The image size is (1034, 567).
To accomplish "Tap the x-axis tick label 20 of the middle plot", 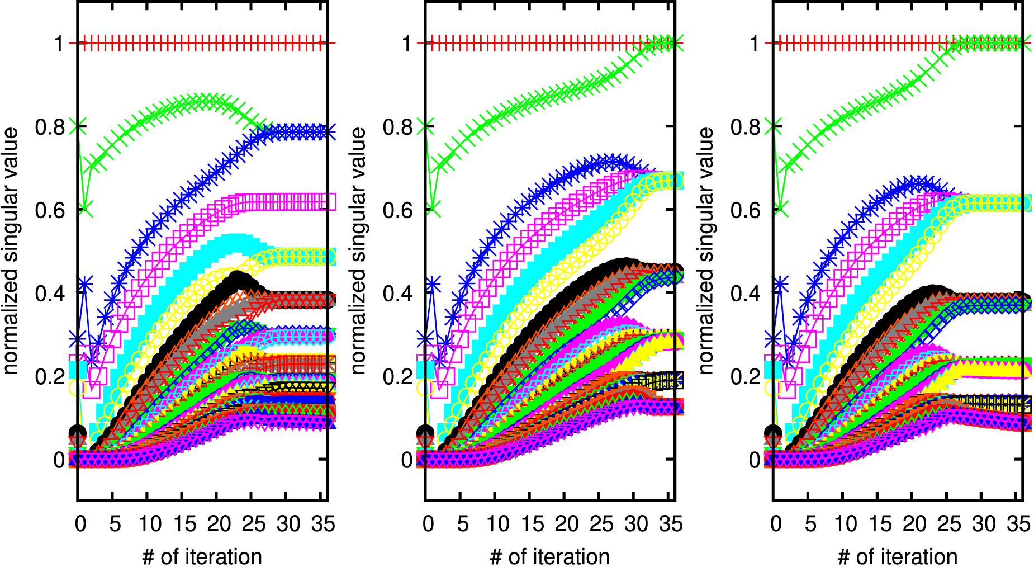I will (567, 524).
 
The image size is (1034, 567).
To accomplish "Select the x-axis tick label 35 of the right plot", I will (1018, 524).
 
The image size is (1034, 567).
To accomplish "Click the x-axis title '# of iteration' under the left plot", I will (202, 557).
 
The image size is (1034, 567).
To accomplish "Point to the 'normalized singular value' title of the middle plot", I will (358, 251).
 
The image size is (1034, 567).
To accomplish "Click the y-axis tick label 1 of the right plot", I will (754, 43).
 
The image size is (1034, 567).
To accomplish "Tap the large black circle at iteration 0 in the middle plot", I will (426, 432).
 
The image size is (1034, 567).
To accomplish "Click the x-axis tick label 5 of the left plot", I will (115, 524).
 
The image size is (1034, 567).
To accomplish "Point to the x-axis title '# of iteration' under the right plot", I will (897, 557).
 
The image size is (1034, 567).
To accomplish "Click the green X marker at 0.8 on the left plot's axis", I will (78, 126).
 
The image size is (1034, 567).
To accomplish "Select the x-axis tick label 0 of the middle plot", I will (428, 524).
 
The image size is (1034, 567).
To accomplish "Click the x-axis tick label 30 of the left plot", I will (288, 524).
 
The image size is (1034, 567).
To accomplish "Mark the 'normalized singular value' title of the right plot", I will (706, 251).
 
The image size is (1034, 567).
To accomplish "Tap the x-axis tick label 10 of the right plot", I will (845, 524).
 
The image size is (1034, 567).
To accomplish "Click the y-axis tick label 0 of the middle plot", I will (406, 460).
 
